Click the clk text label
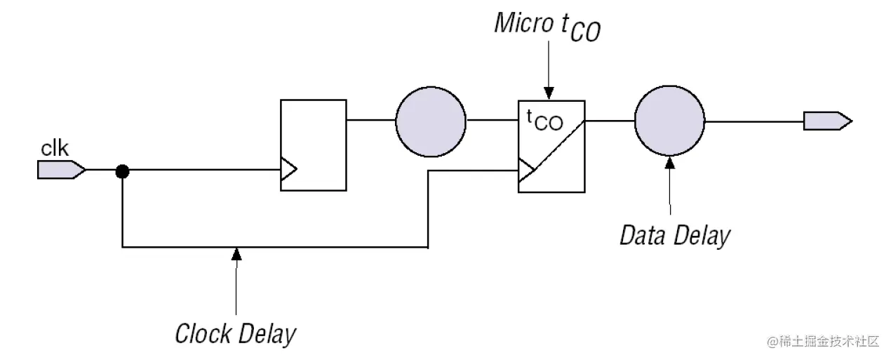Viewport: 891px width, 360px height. click(x=55, y=149)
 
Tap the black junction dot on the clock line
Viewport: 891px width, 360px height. click(x=122, y=170)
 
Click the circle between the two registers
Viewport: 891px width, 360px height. click(x=430, y=121)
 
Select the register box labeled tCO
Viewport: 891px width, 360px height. click(x=551, y=146)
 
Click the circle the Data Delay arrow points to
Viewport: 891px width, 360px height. click(x=669, y=121)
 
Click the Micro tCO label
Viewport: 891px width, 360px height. click(x=547, y=26)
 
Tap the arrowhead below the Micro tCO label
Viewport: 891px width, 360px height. click(x=549, y=93)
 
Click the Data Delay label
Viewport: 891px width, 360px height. click(x=674, y=235)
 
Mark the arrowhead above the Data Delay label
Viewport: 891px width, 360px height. click(x=669, y=163)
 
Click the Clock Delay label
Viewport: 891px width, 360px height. click(x=235, y=333)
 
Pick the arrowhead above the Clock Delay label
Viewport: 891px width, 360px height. click(x=236, y=253)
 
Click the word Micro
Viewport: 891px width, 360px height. click(x=523, y=22)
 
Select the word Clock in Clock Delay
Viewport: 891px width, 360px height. click(x=203, y=333)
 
